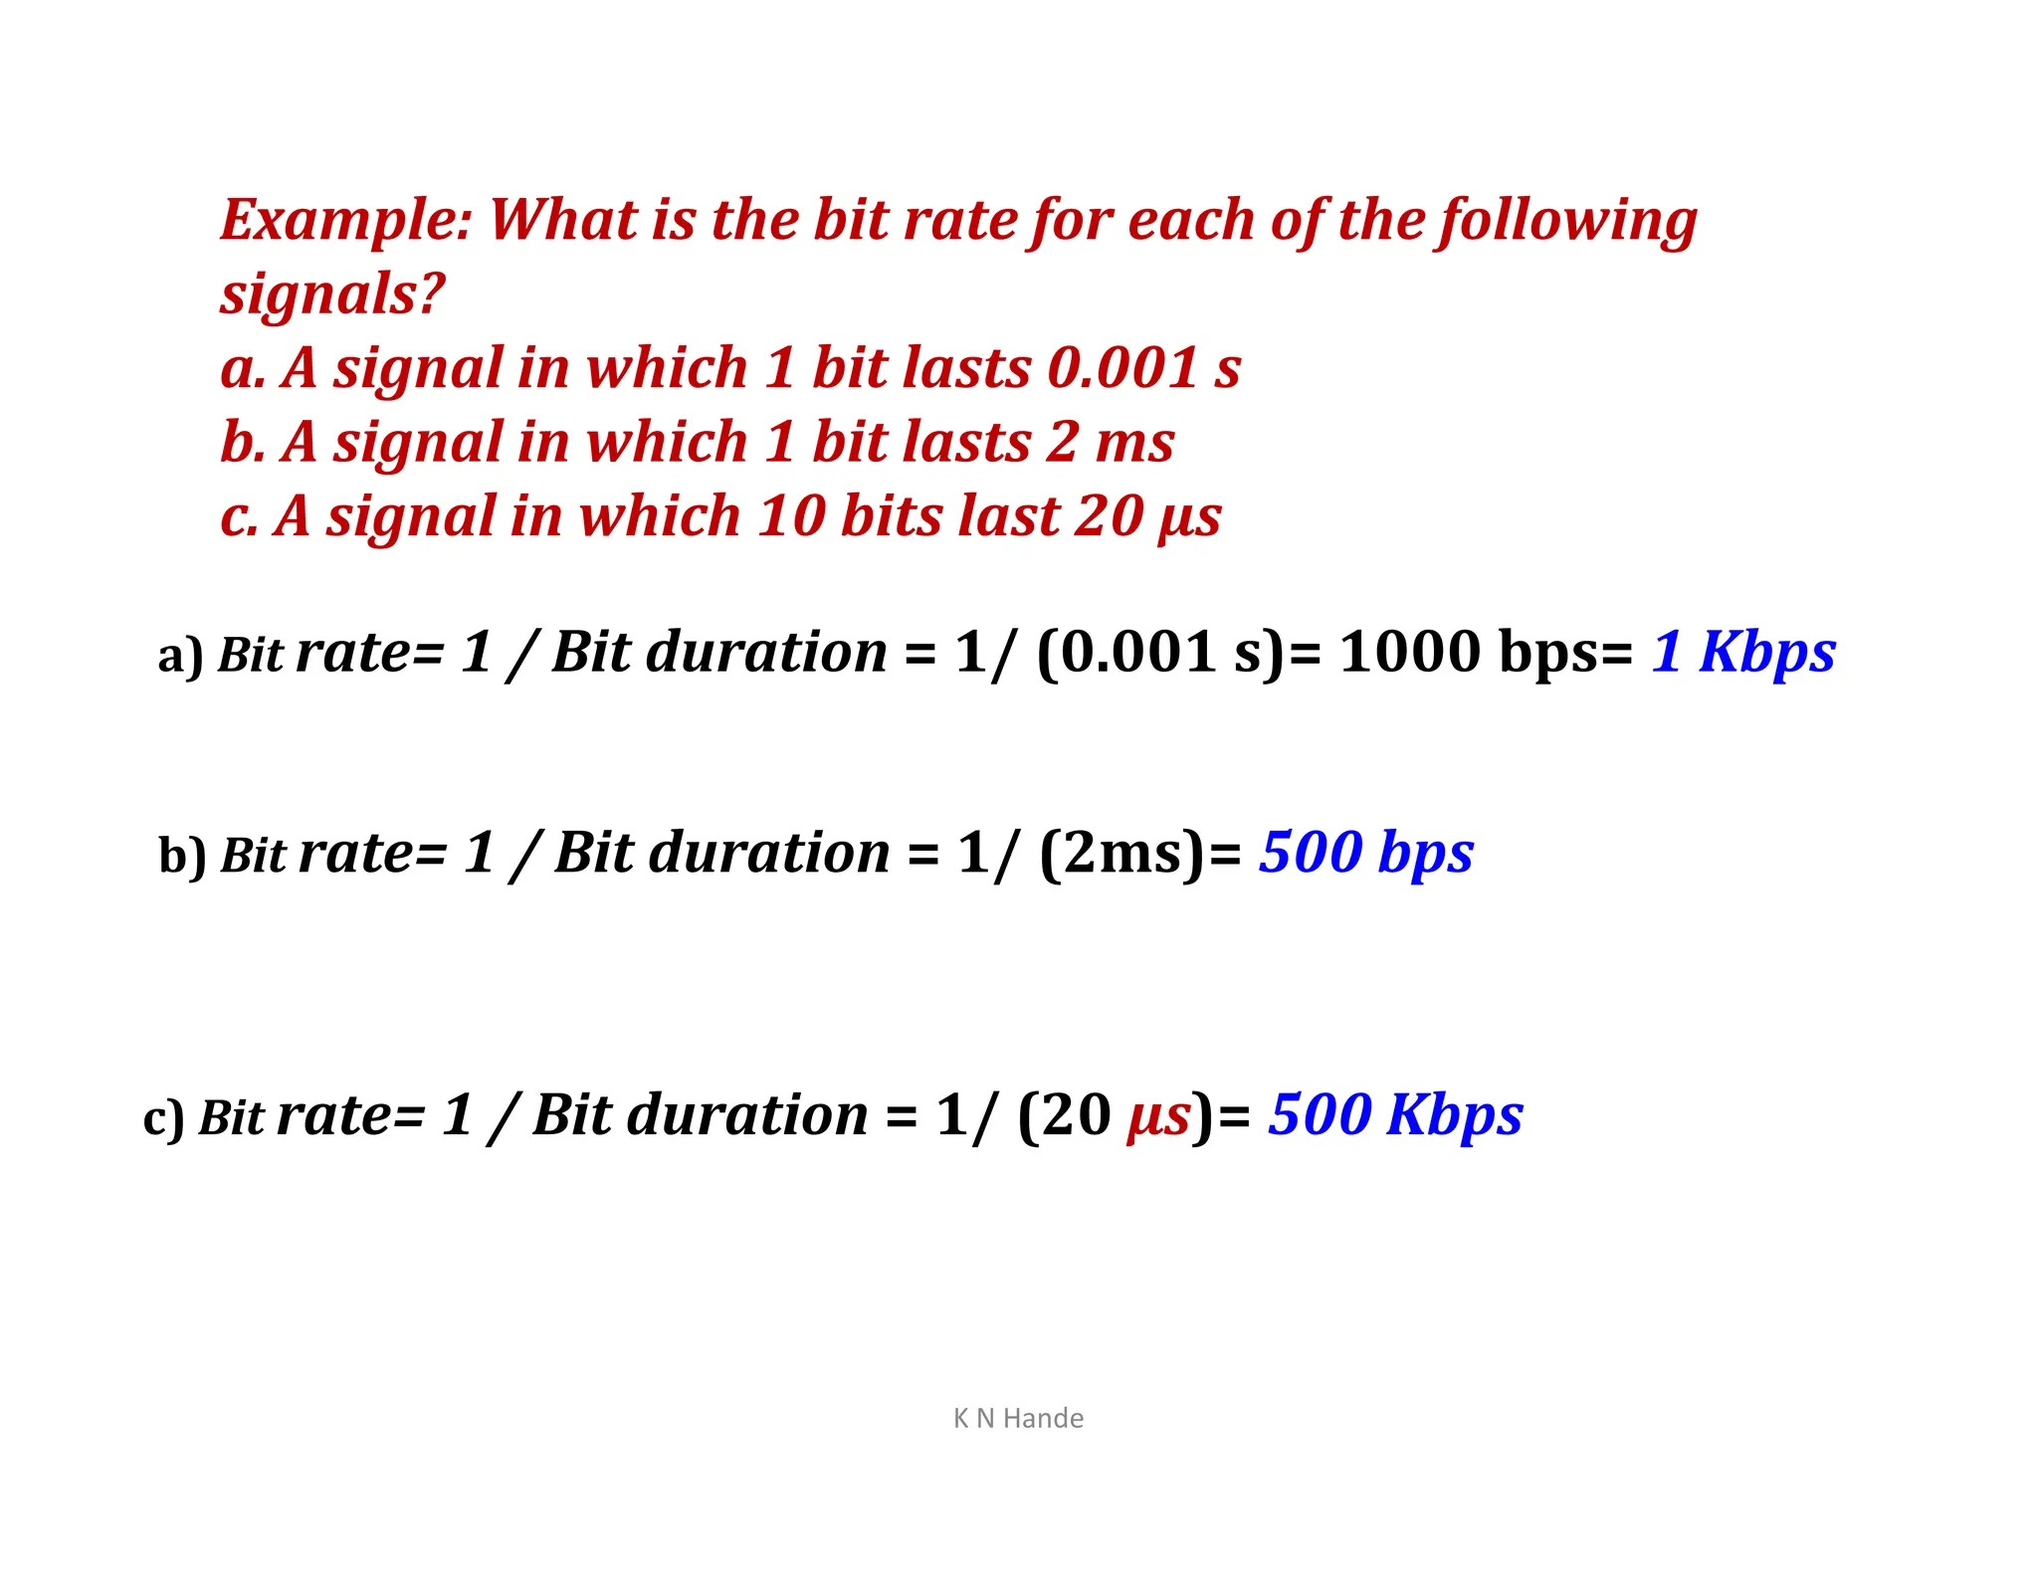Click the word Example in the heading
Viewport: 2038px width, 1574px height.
point(344,220)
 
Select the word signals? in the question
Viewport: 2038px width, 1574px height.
point(332,295)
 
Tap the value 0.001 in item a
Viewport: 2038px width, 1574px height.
point(1122,368)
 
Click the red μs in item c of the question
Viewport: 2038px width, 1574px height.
point(1189,516)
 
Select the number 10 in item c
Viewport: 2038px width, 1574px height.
point(790,516)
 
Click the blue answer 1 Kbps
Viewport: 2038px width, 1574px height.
point(1743,653)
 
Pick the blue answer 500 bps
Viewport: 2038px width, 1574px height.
point(1365,854)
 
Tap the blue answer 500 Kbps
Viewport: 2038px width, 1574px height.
point(1395,1115)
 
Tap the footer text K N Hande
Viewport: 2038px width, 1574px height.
point(1018,1418)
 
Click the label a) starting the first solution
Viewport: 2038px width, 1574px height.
point(180,657)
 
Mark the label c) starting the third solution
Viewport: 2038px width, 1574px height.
point(164,1118)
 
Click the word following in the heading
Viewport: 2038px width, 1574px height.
point(1567,221)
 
